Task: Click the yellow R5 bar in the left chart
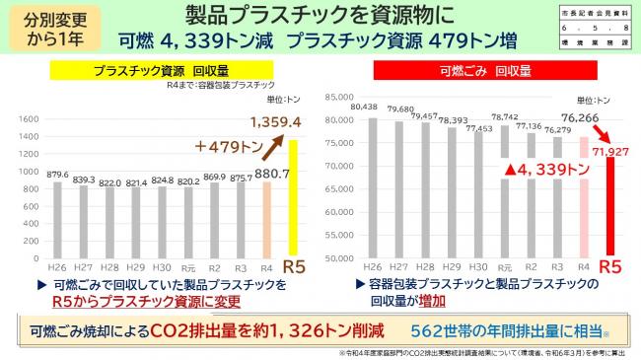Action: tap(292, 197)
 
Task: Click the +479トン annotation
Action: tap(224, 149)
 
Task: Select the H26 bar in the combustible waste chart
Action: tap(372, 187)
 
